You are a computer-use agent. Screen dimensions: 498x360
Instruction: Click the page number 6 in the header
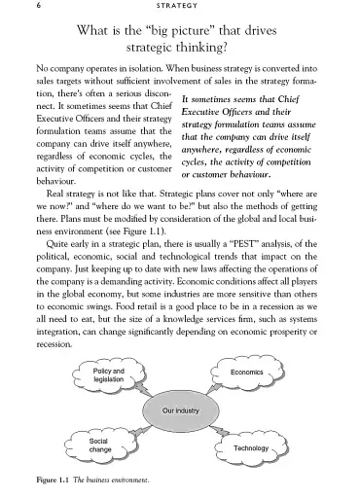click(x=37, y=7)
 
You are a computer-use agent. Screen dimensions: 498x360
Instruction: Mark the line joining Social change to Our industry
click(x=137, y=432)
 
